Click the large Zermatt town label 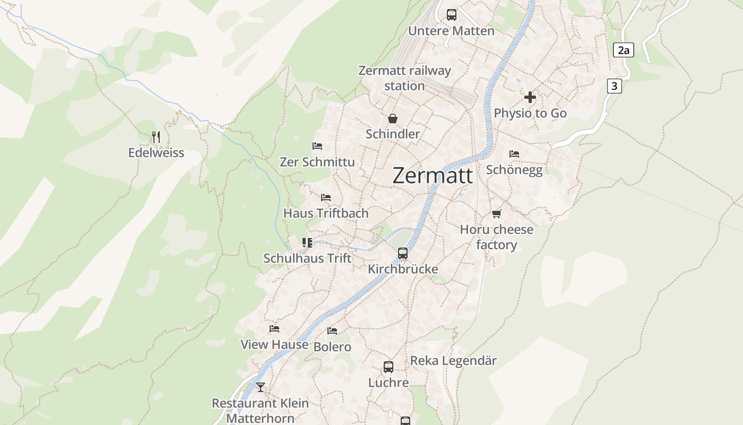[433, 176]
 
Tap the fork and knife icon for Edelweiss [156, 137]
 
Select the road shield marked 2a [624, 50]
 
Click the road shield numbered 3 [614, 86]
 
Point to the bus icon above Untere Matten [452, 15]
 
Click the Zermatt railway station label [404, 78]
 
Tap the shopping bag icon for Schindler [393, 118]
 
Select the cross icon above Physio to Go [530, 97]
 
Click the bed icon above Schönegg [514, 154]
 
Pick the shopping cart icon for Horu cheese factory [496, 214]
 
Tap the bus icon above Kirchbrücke [403, 253]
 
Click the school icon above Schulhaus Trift [307, 243]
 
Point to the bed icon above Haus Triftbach [326, 198]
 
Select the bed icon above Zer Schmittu [317, 146]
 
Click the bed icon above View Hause [274, 329]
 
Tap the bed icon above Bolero [332, 331]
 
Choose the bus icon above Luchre [388, 367]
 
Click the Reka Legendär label [453, 361]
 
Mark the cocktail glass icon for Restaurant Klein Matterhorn [260, 387]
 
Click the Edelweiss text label [156, 153]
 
